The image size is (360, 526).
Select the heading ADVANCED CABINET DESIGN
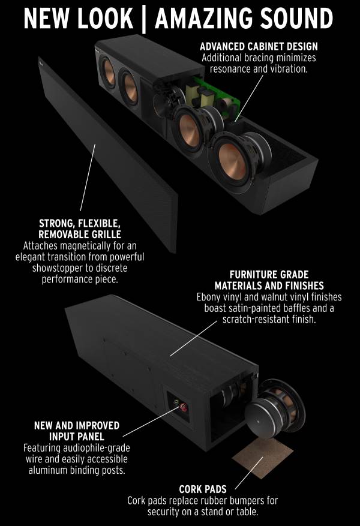pyautogui.click(x=259, y=46)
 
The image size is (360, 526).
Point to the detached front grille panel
pyautogui.click(x=108, y=155)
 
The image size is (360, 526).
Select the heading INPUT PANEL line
pyautogui.click(x=77, y=437)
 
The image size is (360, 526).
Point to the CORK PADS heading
pyautogui.click(x=203, y=489)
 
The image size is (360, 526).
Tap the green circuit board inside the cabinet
pyautogui.click(x=215, y=94)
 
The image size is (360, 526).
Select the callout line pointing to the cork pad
pyautogui.click(x=249, y=473)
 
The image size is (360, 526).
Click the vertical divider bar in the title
pyautogui.click(x=144, y=19)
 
